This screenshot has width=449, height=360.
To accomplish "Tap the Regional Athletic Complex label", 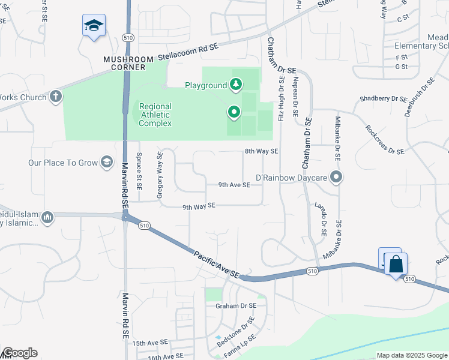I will point(155,115).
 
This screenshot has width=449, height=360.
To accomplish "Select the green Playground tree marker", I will point(236,85).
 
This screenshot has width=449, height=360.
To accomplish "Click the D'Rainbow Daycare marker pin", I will point(337,178).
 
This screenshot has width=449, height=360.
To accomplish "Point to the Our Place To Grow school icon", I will point(107,162).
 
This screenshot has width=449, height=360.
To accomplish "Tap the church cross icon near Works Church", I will point(56,96).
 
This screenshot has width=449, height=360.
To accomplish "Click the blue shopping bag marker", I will point(396,264).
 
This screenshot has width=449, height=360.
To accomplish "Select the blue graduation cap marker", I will point(94,25).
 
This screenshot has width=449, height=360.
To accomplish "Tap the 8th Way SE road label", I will point(261,152).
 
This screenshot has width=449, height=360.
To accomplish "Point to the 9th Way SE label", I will point(199,207).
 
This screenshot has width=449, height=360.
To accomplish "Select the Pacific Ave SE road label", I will point(216,264).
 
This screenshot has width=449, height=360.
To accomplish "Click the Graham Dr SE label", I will point(236,305).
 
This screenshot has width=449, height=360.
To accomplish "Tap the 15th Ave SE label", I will point(150,343).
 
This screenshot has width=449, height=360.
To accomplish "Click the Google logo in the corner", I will point(19,353).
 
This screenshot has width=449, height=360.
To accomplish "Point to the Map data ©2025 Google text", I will point(411,355).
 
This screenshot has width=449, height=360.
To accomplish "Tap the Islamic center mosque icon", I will point(48,217).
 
